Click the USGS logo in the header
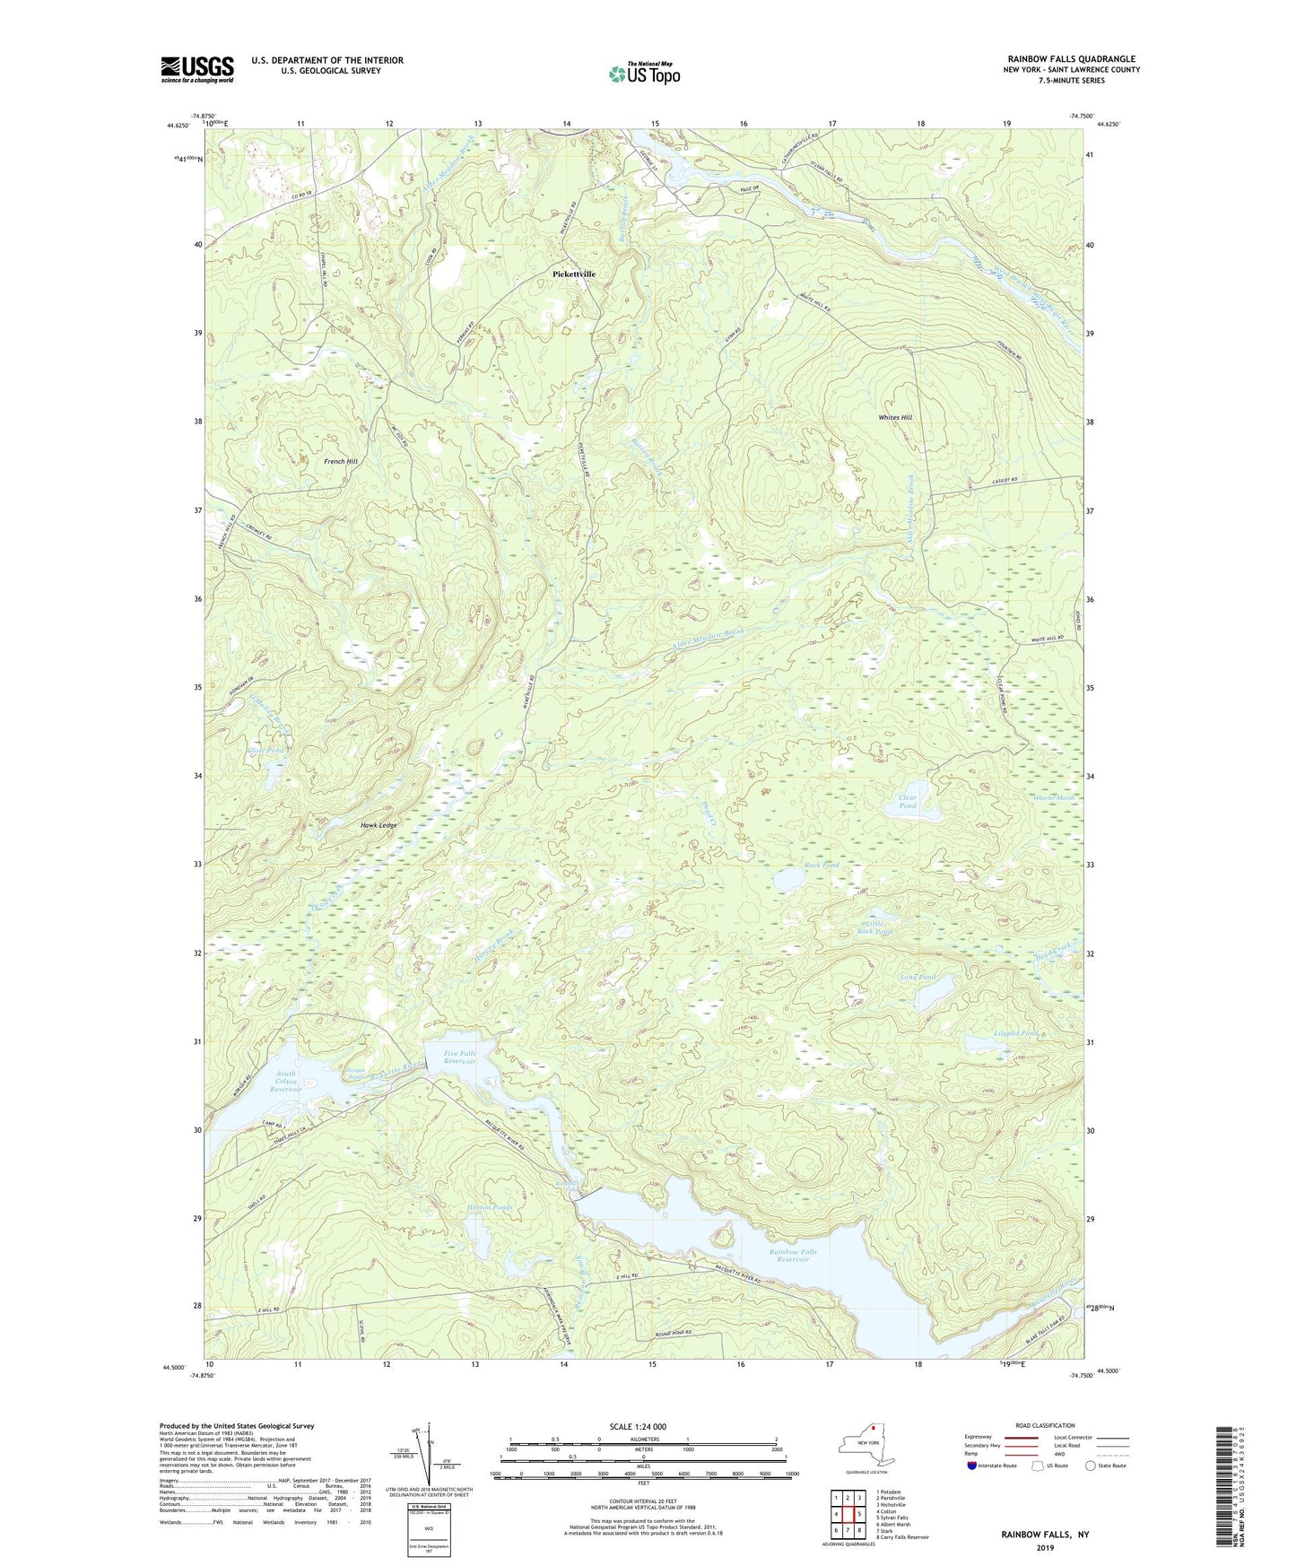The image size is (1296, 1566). pyautogui.click(x=197, y=69)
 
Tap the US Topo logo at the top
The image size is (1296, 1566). pyautogui.click(x=644, y=74)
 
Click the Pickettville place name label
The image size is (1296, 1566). pyautogui.click(x=574, y=274)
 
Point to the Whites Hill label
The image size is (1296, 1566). pyautogui.click(x=895, y=418)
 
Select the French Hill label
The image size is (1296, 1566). pyautogui.click(x=341, y=461)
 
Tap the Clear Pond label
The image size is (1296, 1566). pyautogui.click(x=908, y=802)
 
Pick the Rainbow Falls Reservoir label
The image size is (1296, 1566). pyautogui.click(x=793, y=1256)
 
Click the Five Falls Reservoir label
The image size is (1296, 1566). pyautogui.click(x=459, y=1057)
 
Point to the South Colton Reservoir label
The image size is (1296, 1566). pyautogui.click(x=286, y=1081)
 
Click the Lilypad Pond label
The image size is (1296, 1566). pyautogui.click(x=1015, y=1033)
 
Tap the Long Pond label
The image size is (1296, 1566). pyautogui.click(x=918, y=977)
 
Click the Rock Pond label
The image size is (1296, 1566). pyautogui.click(x=822, y=866)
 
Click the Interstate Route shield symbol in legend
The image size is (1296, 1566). pyautogui.click(x=972, y=1466)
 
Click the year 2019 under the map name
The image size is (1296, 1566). pyautogui.click(x=1045, y=1548)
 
